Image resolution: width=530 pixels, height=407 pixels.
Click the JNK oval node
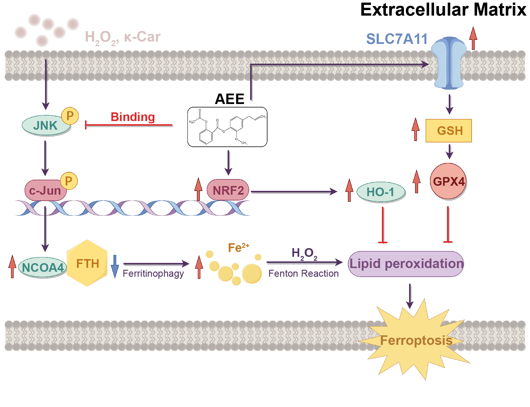point(45,125)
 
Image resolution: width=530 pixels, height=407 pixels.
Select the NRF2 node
point(228,190)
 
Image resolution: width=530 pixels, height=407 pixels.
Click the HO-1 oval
point(381,192)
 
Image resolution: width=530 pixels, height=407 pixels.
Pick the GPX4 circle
point(448,181)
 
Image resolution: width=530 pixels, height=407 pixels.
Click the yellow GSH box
point(449,131)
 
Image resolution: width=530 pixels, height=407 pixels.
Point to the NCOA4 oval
point(43,267)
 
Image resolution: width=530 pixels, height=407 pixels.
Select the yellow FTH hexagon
point(87,263)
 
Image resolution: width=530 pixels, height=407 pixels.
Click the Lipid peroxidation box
point(406,264)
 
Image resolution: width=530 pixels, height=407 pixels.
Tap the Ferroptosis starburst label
point(416,340)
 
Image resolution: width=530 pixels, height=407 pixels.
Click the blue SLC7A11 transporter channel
point(449,63)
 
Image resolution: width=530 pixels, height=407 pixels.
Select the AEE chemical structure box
point(227,127)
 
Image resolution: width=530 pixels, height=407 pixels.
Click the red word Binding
point(133,117)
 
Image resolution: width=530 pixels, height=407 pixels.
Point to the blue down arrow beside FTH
point(115,266)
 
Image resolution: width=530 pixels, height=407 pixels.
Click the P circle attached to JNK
point(70,116)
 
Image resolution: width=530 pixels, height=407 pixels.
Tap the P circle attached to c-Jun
point(69,181)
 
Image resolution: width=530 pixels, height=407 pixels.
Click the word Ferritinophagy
point(153,274)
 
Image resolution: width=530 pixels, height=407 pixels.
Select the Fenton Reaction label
point(303,274)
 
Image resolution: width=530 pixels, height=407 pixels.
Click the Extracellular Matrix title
point(443,10)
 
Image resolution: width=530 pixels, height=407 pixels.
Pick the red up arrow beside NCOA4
point(12,266)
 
